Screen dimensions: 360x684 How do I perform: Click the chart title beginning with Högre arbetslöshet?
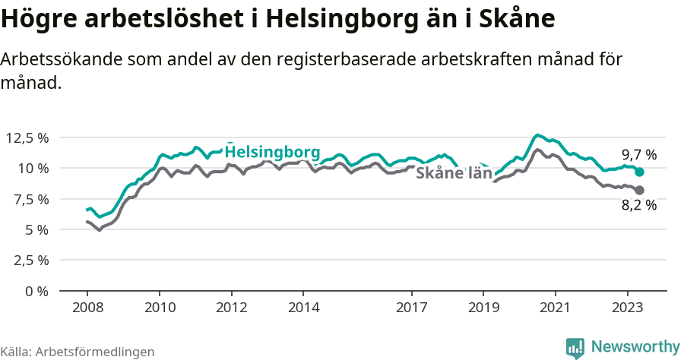click(277, 18)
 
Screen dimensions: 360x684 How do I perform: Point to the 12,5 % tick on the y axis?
click(27, 137)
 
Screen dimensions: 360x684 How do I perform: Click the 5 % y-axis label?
click(36, 229)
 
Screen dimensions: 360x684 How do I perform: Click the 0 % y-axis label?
click(36, 291)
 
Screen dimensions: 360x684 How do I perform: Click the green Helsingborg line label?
click(272, 151)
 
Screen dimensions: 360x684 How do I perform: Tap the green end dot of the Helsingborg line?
click(639, 172)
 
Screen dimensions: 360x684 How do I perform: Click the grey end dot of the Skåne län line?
click(639, 190)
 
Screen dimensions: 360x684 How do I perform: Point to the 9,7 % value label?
click(638, 155)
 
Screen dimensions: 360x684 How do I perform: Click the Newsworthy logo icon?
click(575, 348)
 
